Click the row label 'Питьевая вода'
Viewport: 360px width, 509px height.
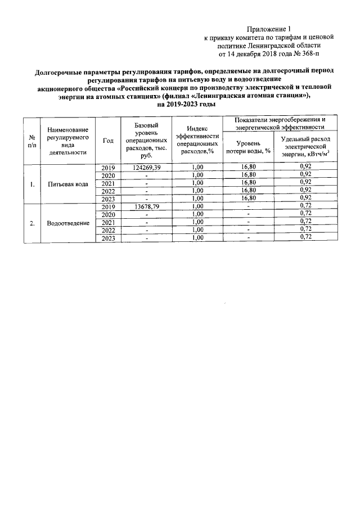pos(67,183)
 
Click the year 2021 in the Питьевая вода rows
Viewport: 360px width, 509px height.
pos(109,183)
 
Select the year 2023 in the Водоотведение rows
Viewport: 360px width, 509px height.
pos(109,238)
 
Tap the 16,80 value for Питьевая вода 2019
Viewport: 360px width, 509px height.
pos(248,168)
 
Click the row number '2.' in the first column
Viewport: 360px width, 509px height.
pos(31,223)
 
